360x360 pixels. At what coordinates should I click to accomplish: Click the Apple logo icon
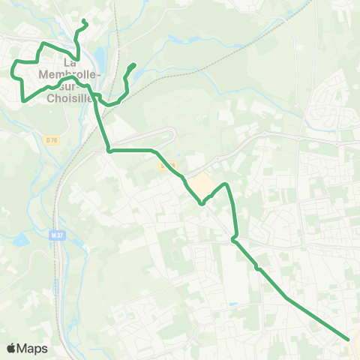(12, 348)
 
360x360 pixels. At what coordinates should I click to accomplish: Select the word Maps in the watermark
(32, 348)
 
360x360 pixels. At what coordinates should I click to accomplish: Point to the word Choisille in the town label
(68, 97)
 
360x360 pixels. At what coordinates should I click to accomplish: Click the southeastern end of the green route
(349, 339)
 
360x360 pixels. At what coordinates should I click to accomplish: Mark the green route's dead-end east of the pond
(133, 65)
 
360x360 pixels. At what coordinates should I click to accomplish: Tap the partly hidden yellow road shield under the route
(166, 165)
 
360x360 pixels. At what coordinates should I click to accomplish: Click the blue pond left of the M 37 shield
(21, 241)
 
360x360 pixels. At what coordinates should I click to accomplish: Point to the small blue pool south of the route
(233, 304)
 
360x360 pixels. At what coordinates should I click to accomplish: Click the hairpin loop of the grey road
(173, 133)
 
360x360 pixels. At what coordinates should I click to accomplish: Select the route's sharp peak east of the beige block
(225, 183)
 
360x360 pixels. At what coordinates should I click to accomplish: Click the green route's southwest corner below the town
(25, 99)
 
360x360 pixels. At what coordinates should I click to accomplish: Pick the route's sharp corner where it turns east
(109, 151)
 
